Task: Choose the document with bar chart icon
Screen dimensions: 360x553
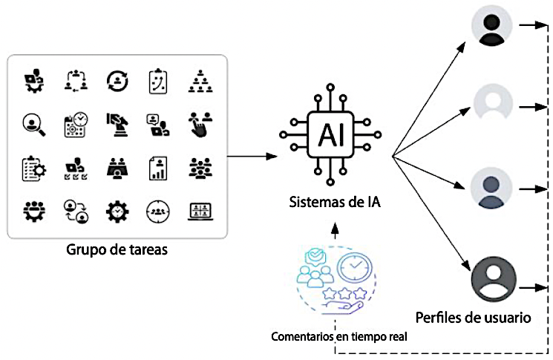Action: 157,168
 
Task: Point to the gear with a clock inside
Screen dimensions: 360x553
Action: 117,212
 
